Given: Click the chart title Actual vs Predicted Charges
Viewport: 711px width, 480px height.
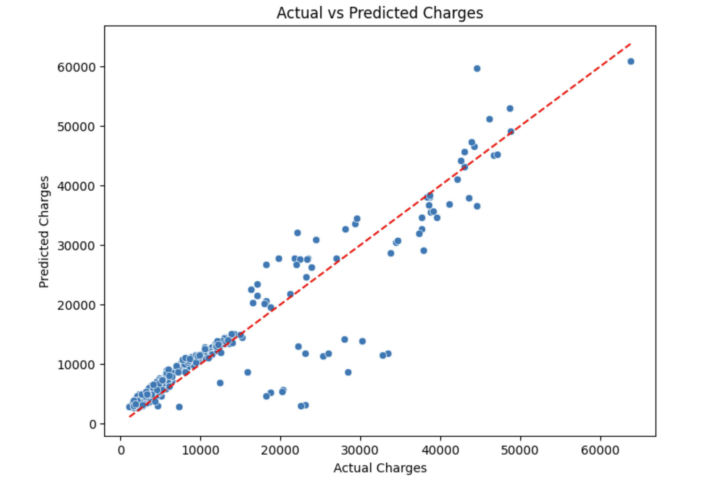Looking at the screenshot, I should tap(379, 13).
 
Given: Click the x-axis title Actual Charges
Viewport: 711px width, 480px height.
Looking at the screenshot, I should tap(379, 468).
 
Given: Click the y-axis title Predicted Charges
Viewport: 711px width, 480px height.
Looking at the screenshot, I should tap(44, 232).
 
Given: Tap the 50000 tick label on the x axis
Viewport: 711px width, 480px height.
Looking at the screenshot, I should tap(520, 450).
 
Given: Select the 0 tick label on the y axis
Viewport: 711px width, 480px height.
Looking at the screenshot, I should tap(92, 424).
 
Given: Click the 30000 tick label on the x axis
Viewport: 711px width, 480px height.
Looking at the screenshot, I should tap(360, 450).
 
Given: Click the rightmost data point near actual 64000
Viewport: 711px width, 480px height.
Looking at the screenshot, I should tap(631, 61).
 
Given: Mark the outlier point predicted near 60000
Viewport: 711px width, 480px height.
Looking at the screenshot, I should tap(477, 68).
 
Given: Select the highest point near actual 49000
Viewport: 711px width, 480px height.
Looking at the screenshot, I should tap(510, 108).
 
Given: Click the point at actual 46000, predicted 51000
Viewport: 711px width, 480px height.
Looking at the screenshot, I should tap(489, 119).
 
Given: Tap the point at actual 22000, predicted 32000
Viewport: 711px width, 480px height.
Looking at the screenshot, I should tap(297, 233).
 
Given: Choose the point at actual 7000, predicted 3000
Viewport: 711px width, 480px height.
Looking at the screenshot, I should tap(179, 407).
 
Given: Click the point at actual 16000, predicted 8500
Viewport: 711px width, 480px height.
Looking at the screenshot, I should tap(247, 372).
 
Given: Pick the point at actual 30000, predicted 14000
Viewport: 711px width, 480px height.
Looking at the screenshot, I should tap(362, 341).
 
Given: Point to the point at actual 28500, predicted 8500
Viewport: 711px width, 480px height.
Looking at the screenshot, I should tap(348, 372).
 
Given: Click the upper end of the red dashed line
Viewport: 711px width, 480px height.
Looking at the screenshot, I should tap(630, 44).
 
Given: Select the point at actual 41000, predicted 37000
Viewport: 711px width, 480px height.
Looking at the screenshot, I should tap(449, 204).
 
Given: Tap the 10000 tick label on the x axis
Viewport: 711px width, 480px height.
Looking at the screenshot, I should tap(200, 450).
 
